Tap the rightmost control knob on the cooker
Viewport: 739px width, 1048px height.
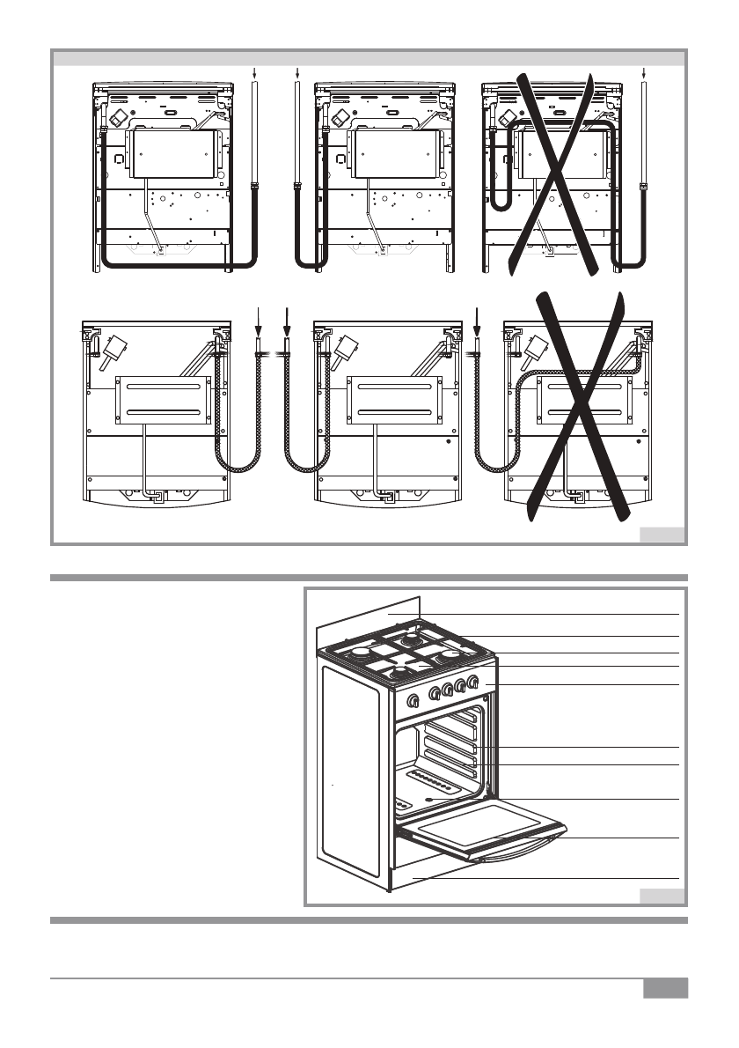coord(473,681)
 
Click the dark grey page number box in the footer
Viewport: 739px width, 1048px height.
coord(664,988)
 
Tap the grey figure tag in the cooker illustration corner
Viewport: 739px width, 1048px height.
coord(661,897)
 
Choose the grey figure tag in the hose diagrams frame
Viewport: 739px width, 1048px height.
coord(661,534)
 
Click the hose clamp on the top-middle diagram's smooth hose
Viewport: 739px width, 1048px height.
coord(297,186)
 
